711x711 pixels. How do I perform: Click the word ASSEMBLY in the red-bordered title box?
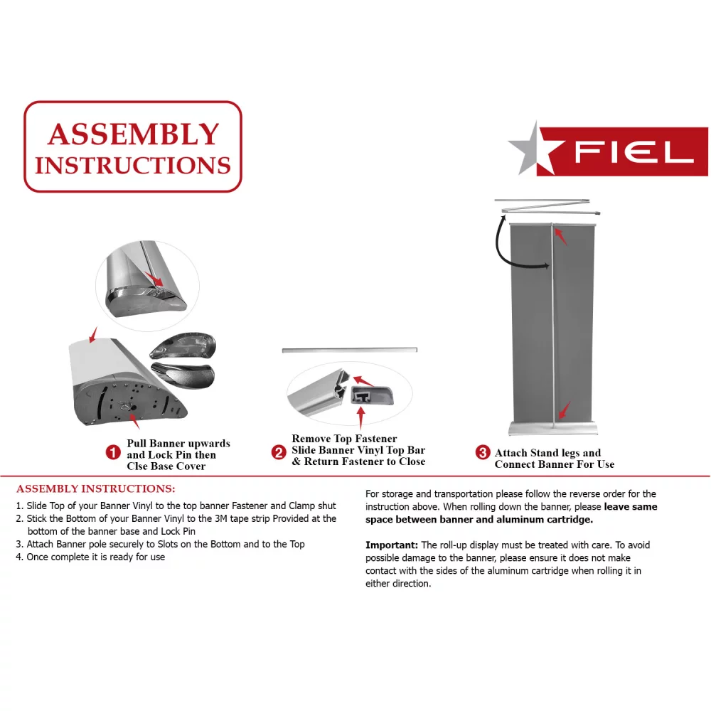133,134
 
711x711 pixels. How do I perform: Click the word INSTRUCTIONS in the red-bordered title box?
133,165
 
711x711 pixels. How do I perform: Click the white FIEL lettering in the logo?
633,151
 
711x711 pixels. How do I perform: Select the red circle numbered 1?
112,452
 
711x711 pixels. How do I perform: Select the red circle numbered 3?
482,453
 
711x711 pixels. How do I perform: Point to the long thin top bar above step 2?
350,351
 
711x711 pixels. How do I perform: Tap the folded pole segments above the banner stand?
547,206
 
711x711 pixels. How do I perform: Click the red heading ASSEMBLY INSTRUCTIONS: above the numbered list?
95,489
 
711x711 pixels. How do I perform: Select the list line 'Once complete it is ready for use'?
95,557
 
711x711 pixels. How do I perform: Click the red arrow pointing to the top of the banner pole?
562,237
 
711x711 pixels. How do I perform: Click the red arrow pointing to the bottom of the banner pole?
563,410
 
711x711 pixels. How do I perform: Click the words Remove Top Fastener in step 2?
344,439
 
